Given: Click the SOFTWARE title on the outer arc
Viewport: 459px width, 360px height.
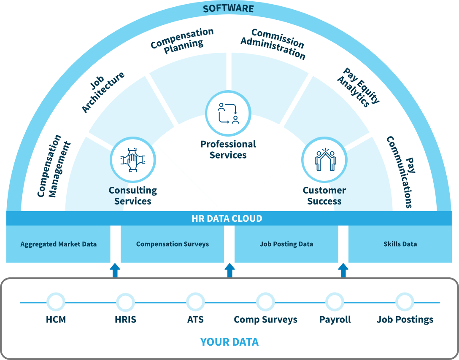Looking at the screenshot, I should pyautogui.click(x=228, y=8).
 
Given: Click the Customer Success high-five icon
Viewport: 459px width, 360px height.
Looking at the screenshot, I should pyautogui.click(x=324, y=160).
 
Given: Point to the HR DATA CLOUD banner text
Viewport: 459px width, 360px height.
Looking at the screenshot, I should pyautogui.click(x=227, y=219).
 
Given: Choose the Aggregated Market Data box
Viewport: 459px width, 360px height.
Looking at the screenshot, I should pyautogui.click(x=59, y=244).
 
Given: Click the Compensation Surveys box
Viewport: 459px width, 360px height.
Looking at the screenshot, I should pyautogui.click(x=172, y=244).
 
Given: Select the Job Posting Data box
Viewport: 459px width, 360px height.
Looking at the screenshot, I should pyautogui.click(x=286, y=244).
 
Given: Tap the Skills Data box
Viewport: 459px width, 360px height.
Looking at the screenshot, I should pyautogui.click(x=400, y=244).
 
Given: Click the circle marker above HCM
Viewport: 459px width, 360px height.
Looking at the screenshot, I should pyautogui.click(x=56, y=302).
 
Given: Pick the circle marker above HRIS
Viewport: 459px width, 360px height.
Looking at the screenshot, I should pyautogui.click(x=125, y=302).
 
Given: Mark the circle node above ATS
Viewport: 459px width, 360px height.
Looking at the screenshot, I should pyautogui.click(x=195, y=302).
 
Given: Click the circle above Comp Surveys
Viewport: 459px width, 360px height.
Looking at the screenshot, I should pyautogui.click(x=265, y=302).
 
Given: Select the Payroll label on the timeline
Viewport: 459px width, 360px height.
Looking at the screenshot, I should pyautogui.click(x=335, y=320).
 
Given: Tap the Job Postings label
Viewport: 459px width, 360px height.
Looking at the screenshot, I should pyautogui.click(x=405, y=320).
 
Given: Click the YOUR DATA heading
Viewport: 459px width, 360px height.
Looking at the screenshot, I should pyautogui.click(x=229, y=341).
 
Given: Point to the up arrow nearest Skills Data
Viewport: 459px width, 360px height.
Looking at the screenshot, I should pyautogui.click(x=343, y=270).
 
